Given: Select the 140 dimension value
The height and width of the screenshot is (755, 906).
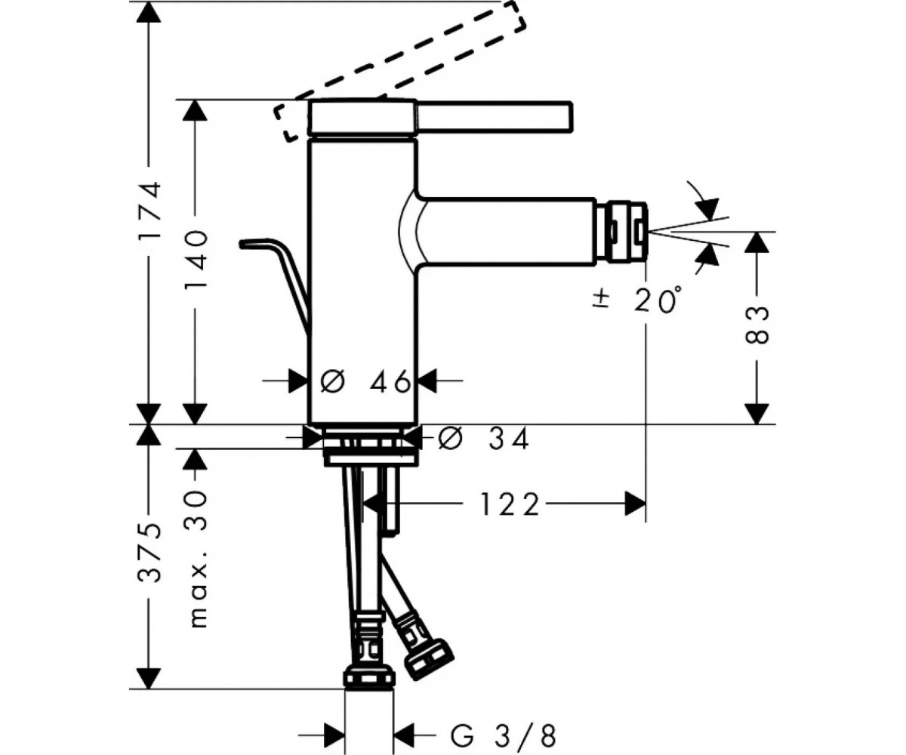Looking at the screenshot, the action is tap(196, 261).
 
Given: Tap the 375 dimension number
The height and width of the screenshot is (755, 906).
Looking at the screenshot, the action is tap(149, 552).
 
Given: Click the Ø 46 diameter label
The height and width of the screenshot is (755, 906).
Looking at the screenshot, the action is tap(365, 382).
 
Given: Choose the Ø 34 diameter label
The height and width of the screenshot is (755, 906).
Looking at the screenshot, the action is tap(483, 439).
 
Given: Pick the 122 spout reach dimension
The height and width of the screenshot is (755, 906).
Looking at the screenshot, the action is tap(510, 504).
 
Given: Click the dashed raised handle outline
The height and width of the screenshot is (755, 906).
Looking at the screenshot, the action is tap(400, 72).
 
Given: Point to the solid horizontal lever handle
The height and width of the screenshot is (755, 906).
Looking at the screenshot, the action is tap(495, 116).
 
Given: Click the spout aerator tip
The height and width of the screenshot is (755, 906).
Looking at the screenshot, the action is tap(621, 231).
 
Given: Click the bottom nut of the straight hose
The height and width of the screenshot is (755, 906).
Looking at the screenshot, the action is tap(369, 686).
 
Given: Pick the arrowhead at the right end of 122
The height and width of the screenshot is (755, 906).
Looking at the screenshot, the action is tap(635, 504).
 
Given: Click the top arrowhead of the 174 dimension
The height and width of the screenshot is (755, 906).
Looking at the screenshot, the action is tap(149, 12).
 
